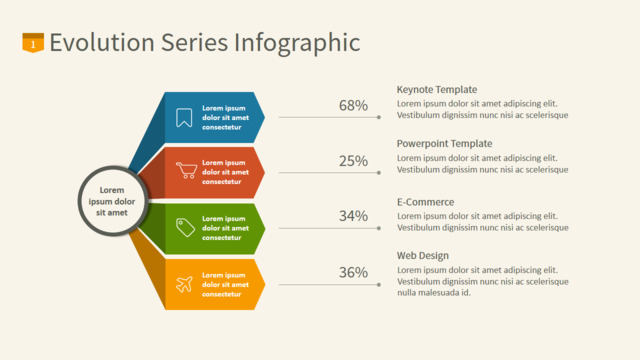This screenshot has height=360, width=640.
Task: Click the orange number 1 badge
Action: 33,43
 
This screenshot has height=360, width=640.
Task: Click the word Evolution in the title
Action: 102,42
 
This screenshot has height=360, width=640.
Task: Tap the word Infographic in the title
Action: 297,43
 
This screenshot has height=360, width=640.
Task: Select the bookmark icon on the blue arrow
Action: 184,118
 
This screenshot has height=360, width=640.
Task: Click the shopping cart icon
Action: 186,170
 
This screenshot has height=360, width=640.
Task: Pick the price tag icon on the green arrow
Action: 185,227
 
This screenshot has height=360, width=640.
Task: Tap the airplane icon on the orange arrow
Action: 184,284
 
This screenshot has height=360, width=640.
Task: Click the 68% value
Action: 353,106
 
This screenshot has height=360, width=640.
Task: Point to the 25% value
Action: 353,161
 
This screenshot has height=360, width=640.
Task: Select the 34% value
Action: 353,216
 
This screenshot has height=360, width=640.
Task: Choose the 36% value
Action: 353,272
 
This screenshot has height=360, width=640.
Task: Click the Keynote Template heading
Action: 437,90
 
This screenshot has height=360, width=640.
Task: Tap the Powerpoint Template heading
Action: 444,144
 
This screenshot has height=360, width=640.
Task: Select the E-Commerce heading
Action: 425,202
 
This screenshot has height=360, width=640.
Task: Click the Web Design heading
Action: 422,256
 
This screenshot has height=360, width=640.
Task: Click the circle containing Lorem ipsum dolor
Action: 112,201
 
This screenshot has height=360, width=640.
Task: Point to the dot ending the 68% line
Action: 379,117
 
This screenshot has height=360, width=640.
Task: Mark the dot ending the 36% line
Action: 379,284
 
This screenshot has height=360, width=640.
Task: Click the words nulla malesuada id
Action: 434,293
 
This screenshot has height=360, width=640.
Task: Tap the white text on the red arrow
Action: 225,172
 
